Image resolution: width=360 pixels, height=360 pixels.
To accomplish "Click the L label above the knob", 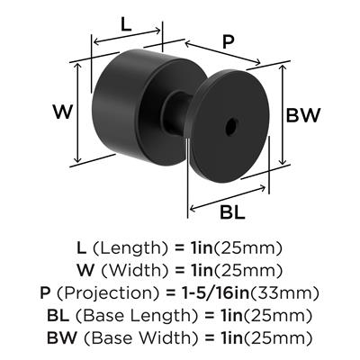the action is click(x=126, y=25).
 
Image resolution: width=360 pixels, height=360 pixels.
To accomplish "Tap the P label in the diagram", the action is click(x=228, y=42).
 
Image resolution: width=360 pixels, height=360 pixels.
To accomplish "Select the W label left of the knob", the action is click(x=63, y=112).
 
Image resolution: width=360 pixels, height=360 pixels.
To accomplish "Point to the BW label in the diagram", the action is click(x=303, y=115).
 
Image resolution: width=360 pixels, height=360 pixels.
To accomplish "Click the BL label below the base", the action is click(x=232, y=212).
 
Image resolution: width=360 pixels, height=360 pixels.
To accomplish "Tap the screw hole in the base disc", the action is click(x=232, y=125).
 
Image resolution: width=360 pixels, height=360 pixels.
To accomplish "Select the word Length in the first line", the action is click(x=130, y=248).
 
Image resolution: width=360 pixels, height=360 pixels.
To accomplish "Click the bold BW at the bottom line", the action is click(x=62, y=338).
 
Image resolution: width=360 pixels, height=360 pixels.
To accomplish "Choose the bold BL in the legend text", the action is click(x=58, y=316).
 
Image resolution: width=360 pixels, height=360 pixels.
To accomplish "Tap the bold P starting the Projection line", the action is click(x=45, y=293).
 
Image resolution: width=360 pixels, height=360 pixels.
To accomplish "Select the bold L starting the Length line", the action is click(x=82, y=248).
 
